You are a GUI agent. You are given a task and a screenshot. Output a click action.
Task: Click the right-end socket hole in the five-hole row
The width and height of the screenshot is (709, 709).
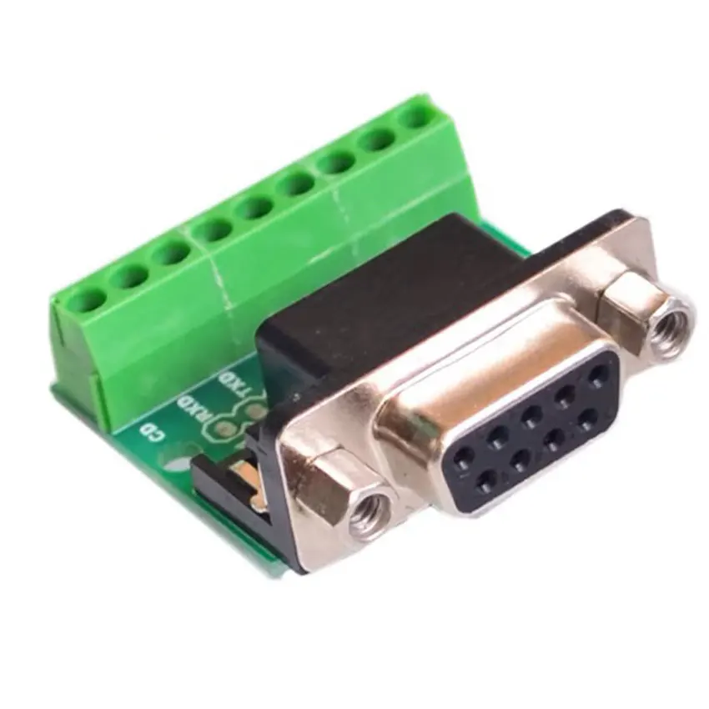point(597,374)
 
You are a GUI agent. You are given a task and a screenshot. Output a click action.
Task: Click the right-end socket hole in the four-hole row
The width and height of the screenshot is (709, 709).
point(590,415)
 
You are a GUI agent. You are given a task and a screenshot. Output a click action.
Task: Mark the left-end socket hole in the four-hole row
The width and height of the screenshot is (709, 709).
point(485,480)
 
